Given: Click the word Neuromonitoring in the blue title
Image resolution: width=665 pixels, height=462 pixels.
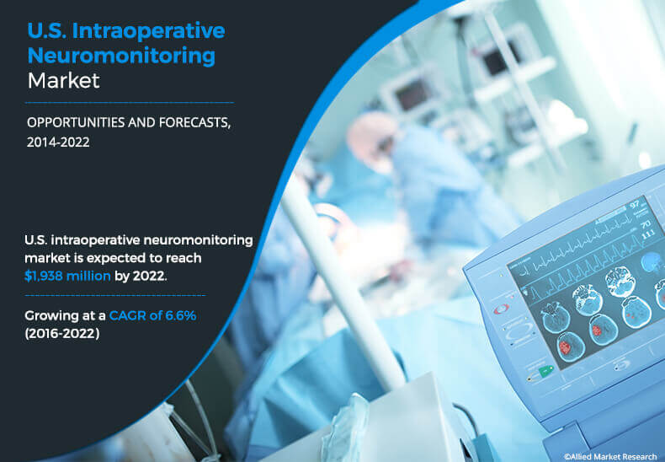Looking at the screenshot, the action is (x=121, y=56).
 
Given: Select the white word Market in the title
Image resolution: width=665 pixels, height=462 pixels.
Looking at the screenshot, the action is (x=64, y=81).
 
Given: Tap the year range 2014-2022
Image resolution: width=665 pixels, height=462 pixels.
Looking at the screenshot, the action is (x=58, y=142).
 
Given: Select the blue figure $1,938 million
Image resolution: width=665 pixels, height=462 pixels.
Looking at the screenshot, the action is (x=67, y=276).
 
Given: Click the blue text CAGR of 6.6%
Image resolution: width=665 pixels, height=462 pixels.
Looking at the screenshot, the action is (x=152, y=315).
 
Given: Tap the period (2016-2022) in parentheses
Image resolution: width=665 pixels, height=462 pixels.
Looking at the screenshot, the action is (x=62, y=333).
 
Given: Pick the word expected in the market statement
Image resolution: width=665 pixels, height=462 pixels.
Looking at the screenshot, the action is (x=129, y=259).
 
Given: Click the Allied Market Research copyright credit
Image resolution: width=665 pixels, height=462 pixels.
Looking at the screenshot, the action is (x=610, y=456).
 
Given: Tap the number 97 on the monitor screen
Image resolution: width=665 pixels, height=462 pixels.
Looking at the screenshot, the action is (x=635, y=205).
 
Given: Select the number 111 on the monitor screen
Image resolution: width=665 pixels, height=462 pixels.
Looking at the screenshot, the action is (x=648, y=234).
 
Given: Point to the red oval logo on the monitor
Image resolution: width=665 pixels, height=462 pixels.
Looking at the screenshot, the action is (x=501, y=309).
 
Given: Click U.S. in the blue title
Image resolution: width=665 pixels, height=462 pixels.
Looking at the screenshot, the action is (x=46, y=31).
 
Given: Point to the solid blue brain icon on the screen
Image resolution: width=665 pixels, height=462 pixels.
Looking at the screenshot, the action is (x=650, y=261).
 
